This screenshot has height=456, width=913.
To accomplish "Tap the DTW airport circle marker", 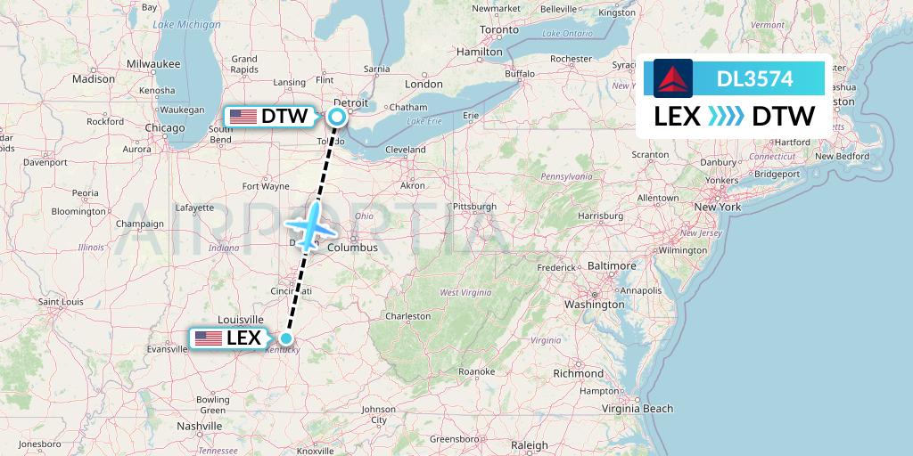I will tap(337, 116).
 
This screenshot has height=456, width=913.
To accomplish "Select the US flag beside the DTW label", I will tap(243, 116).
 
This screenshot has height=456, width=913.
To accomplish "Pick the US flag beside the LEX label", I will tap(208, 338).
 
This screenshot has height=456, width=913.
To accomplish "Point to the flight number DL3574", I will tap(754, 78).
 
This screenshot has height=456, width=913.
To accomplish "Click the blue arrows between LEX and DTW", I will tap(726, 117).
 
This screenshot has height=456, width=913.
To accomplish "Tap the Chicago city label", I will tap(164, 127).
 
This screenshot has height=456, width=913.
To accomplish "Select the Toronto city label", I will tap(498, 29).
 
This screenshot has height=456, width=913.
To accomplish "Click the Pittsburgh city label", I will tap(474, 207).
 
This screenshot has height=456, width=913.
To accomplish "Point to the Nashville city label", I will tap(199, 426).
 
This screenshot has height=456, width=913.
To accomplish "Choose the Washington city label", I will tap(594, 304).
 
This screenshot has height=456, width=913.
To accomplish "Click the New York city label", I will tap(717, 207).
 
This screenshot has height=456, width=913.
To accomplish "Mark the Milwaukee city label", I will tap(153, 64).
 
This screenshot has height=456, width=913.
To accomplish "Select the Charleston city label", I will tap(407, 315).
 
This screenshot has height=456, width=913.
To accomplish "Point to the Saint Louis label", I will tap(61, 301).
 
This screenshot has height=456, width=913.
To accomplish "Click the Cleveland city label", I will tap(406, 150).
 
